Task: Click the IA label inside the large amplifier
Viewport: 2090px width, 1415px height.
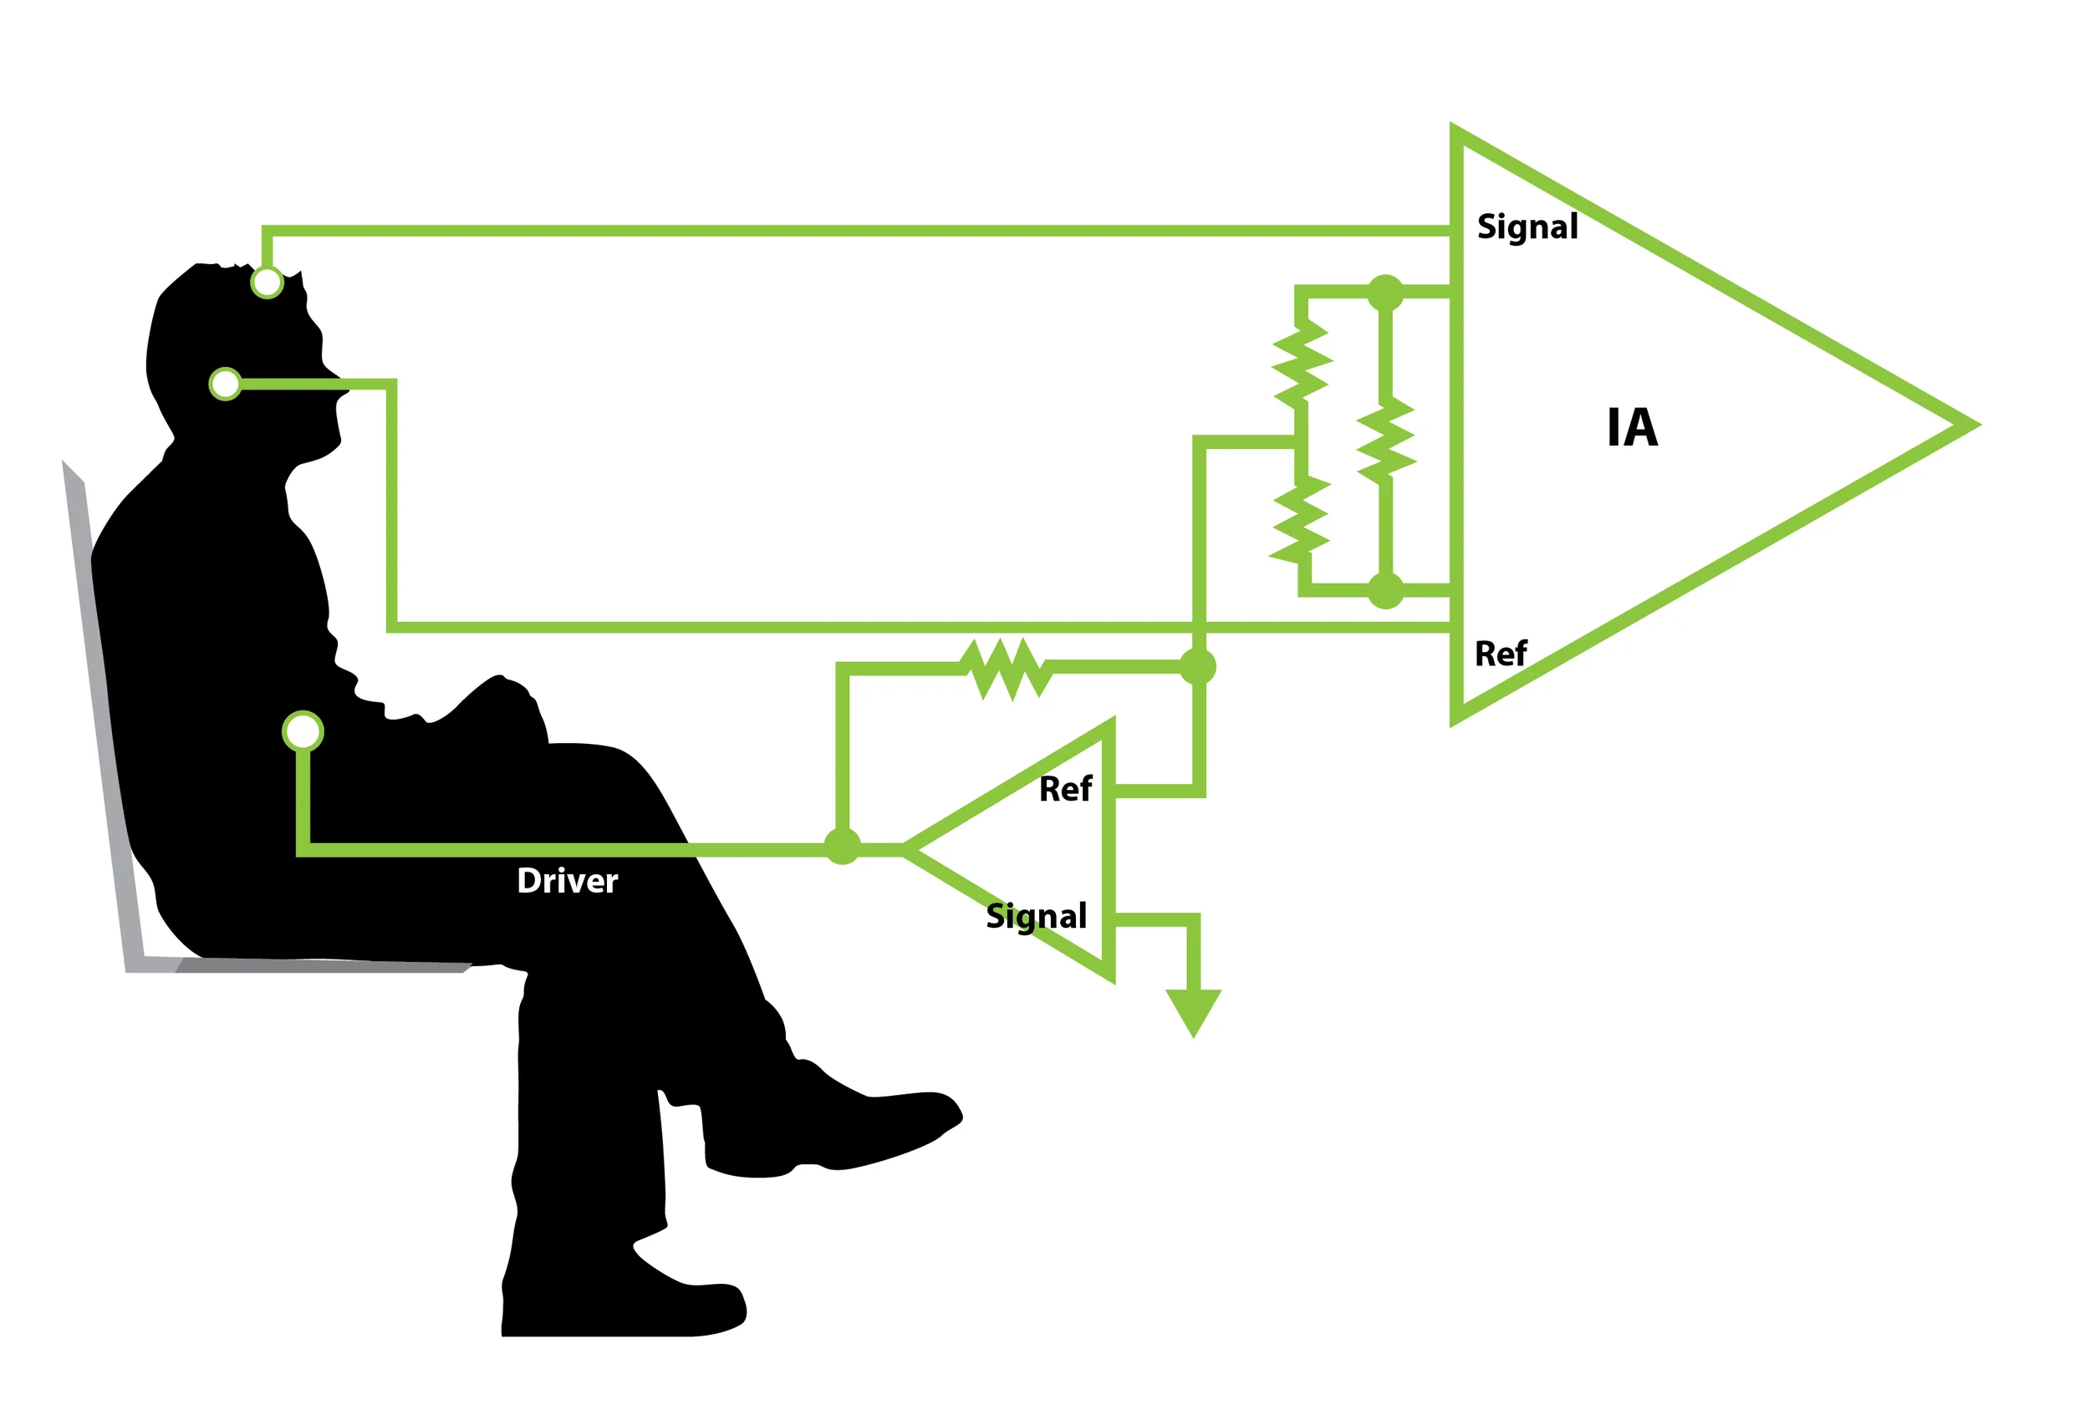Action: pos(1631,427)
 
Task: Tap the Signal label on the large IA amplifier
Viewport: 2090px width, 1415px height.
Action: pos(1527,227)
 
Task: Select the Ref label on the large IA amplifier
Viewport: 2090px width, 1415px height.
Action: pos(1500,654)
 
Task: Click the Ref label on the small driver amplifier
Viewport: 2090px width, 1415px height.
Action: pos(1065,788)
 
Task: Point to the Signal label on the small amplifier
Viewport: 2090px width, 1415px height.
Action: pos(1036,915)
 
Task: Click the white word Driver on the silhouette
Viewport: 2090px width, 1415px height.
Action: pos(567,881)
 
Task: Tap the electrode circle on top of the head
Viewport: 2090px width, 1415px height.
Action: pos(267,282)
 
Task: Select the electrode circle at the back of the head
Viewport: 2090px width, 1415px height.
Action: pos(225,384)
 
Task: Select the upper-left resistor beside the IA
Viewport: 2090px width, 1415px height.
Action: pos(1302,364)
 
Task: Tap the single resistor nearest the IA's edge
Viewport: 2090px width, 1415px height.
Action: pos(1386,440)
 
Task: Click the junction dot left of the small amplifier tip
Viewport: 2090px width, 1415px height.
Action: pos(842,846)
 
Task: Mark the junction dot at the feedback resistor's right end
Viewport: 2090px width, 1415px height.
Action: pos(1197,667)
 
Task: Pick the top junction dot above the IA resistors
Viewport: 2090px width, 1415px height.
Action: pos(1385,293)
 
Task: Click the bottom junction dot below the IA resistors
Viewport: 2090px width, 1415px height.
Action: pos(1385,591)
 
